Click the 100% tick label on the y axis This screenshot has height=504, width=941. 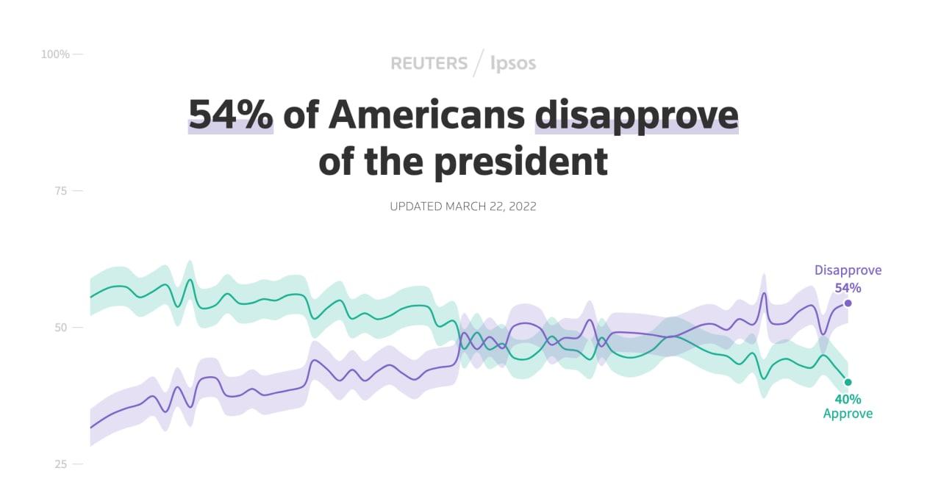pos(55,54)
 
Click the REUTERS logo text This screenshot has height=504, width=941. pos(429,63)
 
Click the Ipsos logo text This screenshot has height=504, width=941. pos(513,64)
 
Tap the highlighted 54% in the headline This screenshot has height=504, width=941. pos(231,115)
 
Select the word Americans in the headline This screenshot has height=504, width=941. pos(426,115)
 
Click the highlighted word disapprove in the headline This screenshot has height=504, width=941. pos(637,116)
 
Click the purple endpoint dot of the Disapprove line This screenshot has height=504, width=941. pos(848,303)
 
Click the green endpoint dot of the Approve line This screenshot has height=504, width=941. pos(848,382)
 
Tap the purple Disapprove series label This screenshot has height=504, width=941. pos(848,270)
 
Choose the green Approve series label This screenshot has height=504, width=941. pos(848,414)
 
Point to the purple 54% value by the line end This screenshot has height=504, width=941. pos(848,288)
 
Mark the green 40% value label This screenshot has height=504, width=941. pos(848,399)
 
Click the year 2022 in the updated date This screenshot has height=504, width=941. pos(520,206)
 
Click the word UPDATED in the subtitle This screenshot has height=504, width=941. pos(415,206)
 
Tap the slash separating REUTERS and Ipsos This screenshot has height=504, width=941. pos(479,63)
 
